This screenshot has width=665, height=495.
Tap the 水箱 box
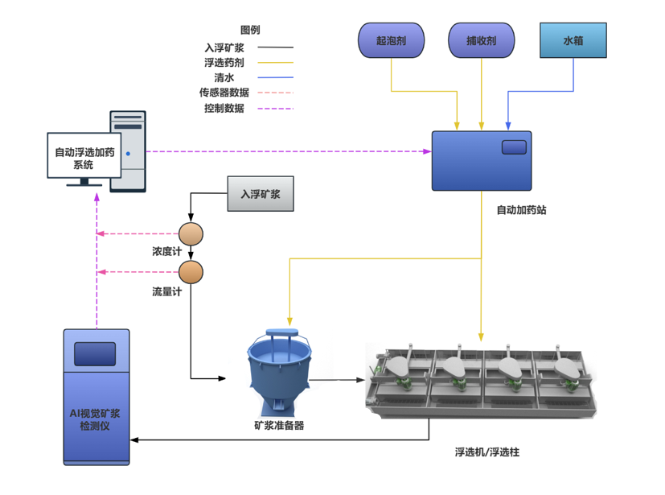(x=573, y=41)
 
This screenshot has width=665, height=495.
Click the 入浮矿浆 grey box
(x=261, y=194)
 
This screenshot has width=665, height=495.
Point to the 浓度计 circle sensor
(x=191, y=233)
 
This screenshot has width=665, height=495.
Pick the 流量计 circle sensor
(x=191, y=272)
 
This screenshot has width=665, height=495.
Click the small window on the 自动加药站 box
(x=514, y=147)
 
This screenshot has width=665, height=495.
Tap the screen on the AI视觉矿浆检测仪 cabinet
(x=95, y=353)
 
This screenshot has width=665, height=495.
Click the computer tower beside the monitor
(x=128, y=151)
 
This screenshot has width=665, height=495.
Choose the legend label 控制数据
(x=224, y=108)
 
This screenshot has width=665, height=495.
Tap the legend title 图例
(x=250, y=31)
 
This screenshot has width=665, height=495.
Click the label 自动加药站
(x=522, y=210)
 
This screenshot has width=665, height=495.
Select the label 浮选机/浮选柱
(x=486, y=452)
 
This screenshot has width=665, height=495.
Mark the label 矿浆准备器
(x=278, y=426)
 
